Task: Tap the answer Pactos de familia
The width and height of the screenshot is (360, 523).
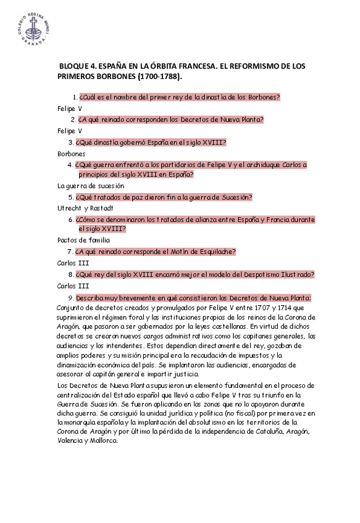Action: point(83,240)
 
